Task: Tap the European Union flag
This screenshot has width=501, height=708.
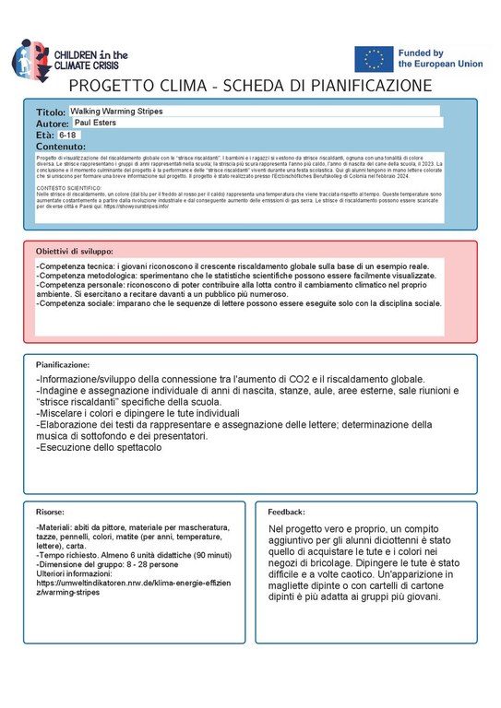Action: click(374, 59)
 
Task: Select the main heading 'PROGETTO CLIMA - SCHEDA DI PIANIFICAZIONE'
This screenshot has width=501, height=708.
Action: click(250, 85)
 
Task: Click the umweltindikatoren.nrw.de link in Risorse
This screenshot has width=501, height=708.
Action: click(133, 588)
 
